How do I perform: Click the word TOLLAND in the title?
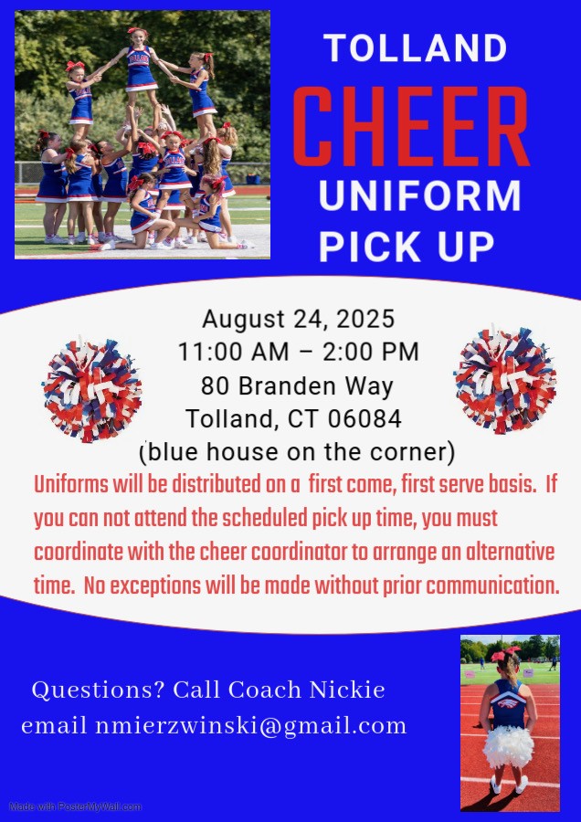(416, 47)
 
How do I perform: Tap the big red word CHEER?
(410, 127)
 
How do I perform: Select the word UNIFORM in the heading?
(419, 195)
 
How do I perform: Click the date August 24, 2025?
(299, 320)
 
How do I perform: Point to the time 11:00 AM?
(233, 352)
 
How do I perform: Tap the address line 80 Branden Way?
(297, 385)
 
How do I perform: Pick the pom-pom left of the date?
(92, 390)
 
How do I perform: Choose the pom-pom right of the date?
(505, 380)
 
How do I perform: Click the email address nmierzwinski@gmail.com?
(250, 727)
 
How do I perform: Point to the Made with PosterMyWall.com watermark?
(76, 806)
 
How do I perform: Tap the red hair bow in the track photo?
(505, 653)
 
